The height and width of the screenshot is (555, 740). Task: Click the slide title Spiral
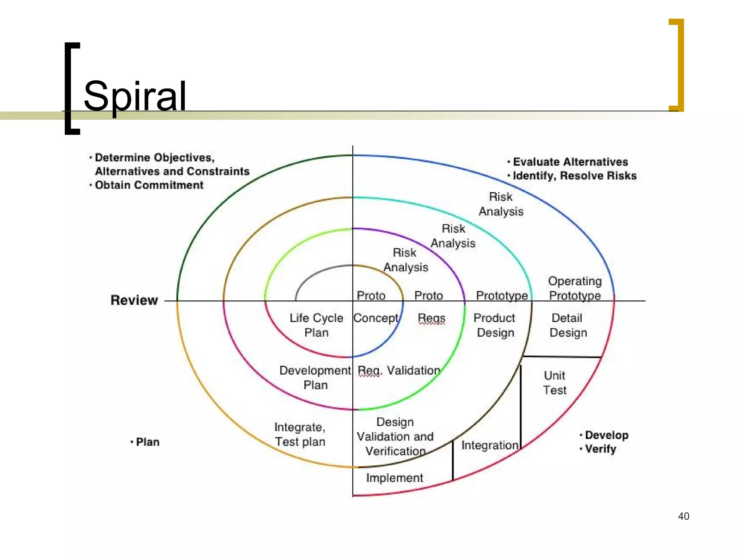coord(135,96)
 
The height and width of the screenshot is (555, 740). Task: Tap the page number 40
coord(683,516)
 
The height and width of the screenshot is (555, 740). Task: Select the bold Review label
coord(134,300)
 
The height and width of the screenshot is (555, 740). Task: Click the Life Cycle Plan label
coord(316,325)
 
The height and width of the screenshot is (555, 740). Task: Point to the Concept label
coord(376,318)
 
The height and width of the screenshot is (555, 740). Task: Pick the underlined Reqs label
coord(431,318)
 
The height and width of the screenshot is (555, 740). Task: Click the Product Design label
coord(495,325)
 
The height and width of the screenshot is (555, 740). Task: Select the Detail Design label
coord(568,325)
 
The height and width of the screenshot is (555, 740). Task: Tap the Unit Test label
coord(555,383)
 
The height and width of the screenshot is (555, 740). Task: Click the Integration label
coord(490,445)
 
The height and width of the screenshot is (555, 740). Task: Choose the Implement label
coord(394,478)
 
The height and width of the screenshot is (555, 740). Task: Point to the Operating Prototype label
coord(575,288)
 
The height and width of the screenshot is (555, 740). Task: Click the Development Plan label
coord(315,378)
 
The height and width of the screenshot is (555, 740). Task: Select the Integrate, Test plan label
coord(300,434)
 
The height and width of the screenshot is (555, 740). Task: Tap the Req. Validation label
coord(399,370)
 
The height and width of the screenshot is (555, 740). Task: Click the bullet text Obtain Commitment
coord(149,185)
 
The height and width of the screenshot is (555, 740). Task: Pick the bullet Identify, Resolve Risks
coord(575,176)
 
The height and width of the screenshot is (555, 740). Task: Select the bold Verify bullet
coord(600,449)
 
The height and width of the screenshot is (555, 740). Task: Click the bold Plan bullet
coord(147,442)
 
